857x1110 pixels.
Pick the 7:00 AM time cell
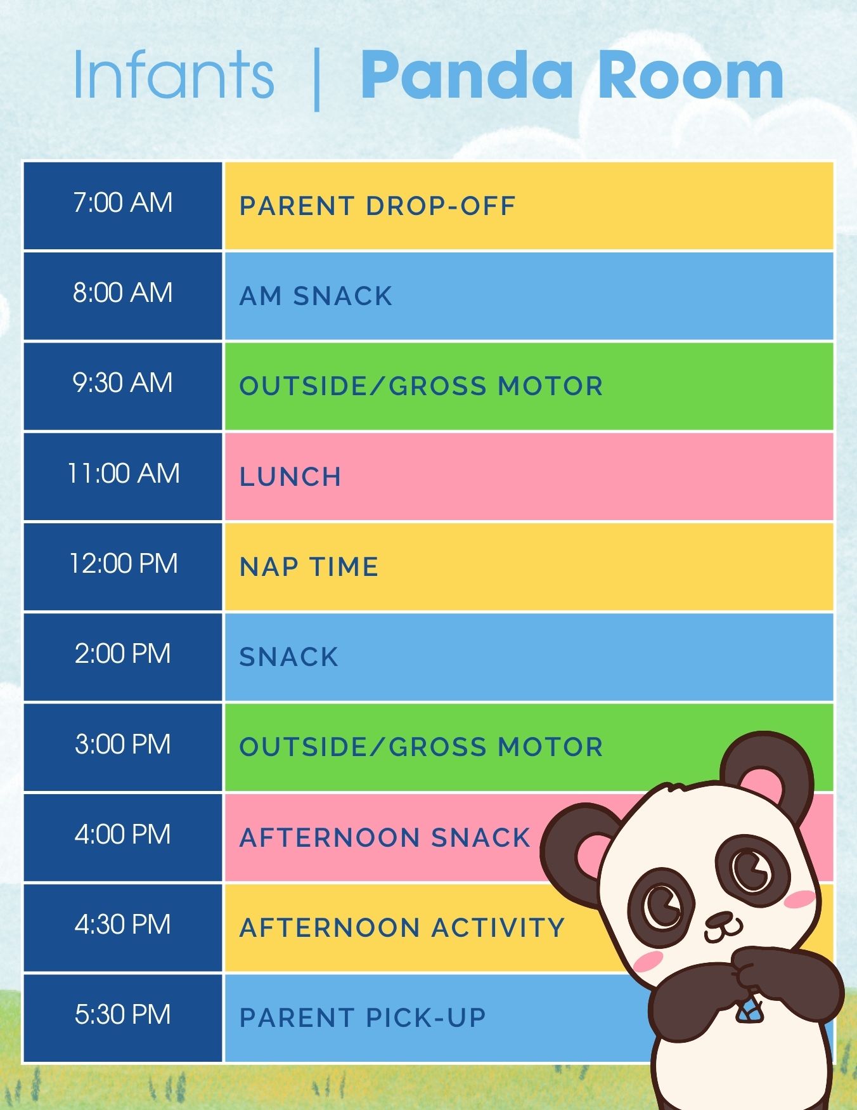[x=123, y=206]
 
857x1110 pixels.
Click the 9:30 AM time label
[x=123, y=383]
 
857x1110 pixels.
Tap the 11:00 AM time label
[x=124, y=473]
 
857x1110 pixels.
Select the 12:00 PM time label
[x=124, y=563]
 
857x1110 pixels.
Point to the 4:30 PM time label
[x=123, y=924]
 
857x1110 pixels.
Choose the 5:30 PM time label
[x=123, y=1014]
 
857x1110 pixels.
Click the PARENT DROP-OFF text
[x=378, y=206]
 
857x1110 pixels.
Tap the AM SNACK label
[x=316, y=296]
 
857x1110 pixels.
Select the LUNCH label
[x=290, y=477]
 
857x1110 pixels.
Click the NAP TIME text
[x=309, y=567]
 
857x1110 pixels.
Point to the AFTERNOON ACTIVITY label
[x=402, y=928]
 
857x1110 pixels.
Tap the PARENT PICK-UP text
[x=363, y=1018]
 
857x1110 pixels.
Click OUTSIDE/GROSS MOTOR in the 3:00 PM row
[x=421, y=747]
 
